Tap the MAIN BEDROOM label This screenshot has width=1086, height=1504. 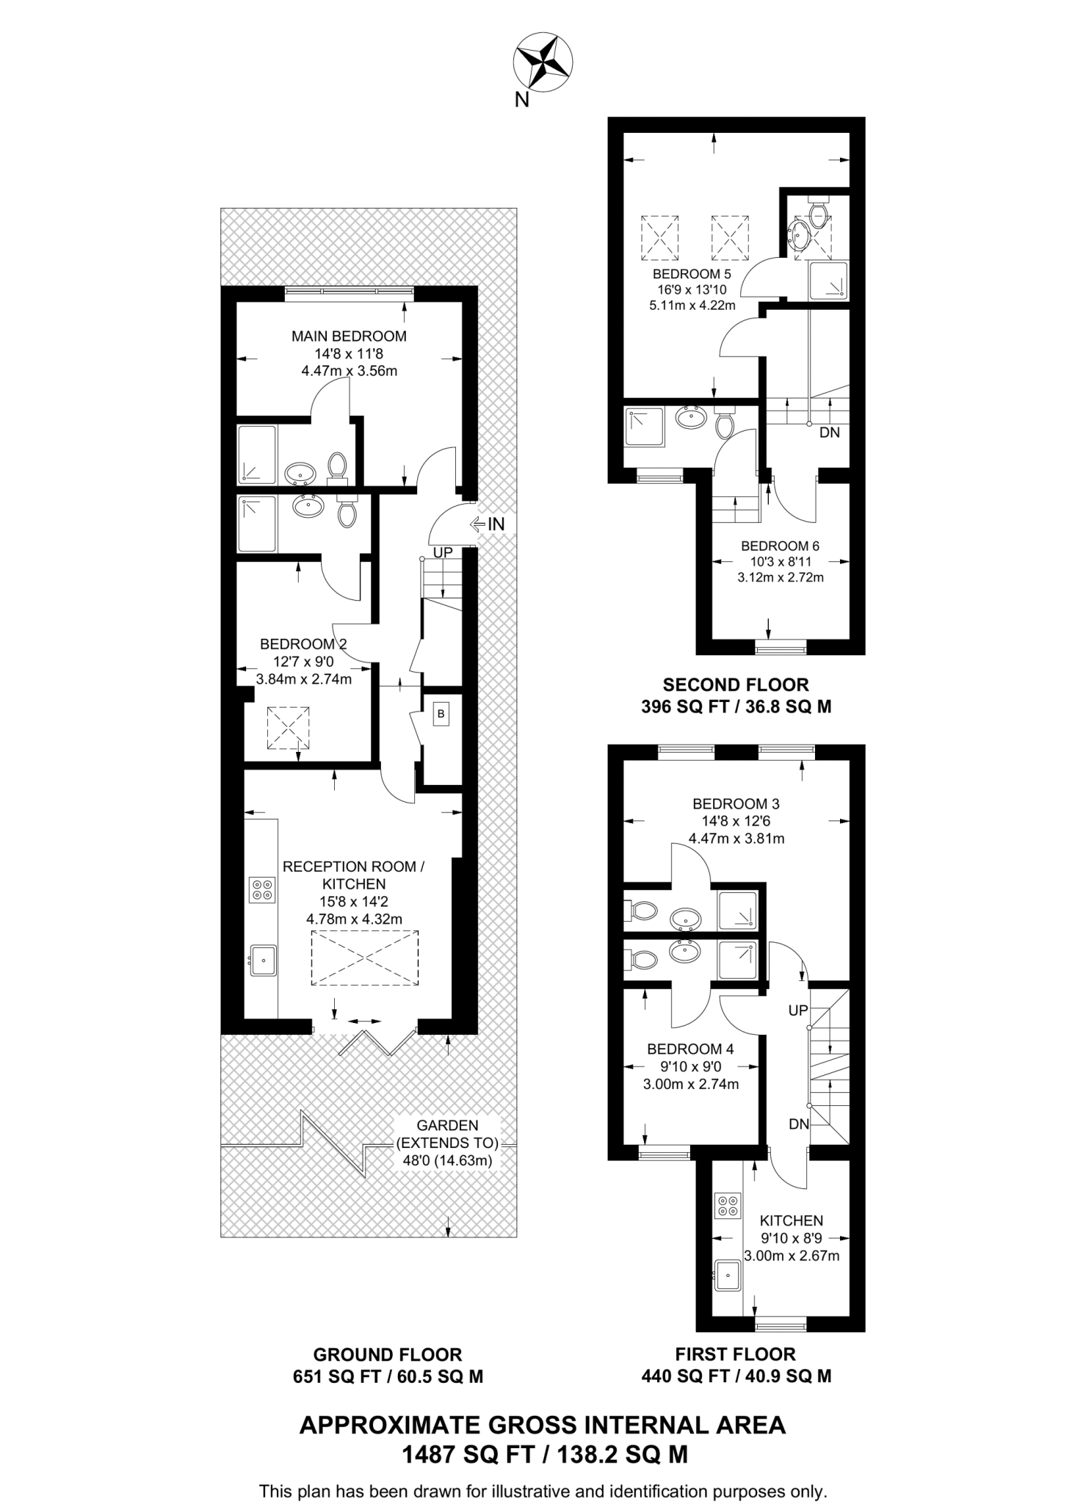(349, 336)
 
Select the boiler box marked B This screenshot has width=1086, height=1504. (441, 714)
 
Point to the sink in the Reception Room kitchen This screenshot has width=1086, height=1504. (263, 960)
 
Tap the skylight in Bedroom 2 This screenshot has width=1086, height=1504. (288, 727)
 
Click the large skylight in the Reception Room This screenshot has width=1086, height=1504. (365, 958)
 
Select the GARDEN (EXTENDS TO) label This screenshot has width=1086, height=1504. (447, 1134)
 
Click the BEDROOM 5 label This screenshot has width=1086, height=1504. (692, 274)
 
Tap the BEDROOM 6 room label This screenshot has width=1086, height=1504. (780, 546)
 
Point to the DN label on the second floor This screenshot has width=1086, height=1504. (829, 433)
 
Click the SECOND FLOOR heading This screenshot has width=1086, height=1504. (736, 684)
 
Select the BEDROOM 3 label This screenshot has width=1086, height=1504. (736, 803)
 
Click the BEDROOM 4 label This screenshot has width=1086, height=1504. (690, 1049)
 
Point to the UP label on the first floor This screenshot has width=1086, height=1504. (798, 1010)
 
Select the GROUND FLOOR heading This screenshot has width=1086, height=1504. (388, 1354)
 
